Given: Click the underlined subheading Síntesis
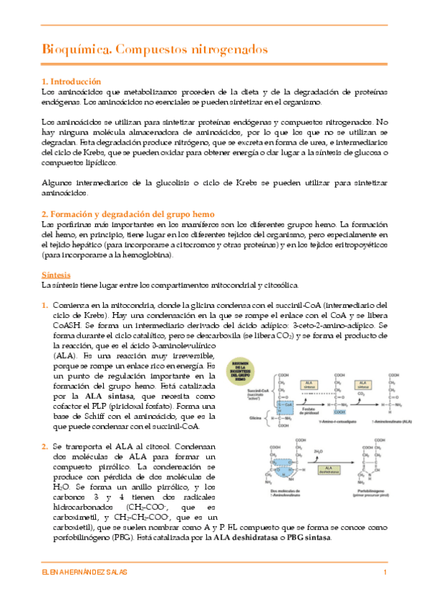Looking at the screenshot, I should click(x=56, y=275).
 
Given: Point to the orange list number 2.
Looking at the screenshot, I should click(x=45, y=447).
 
